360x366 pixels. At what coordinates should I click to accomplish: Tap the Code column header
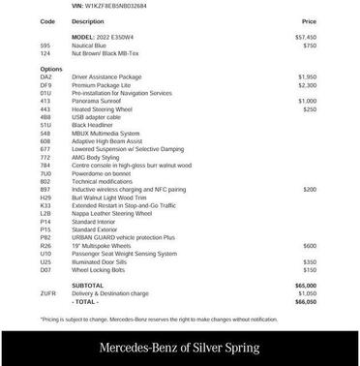click(47, 20)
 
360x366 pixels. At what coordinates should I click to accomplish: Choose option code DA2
click(46, 76)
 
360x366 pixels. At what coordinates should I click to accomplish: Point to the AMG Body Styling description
click(99, 157)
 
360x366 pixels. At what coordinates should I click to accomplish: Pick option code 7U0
click(45, 173)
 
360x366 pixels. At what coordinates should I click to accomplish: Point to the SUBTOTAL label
click(88, 286)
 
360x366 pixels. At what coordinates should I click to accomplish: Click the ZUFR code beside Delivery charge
click(48, 293)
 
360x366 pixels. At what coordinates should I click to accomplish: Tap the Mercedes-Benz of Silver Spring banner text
click(179, 347)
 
